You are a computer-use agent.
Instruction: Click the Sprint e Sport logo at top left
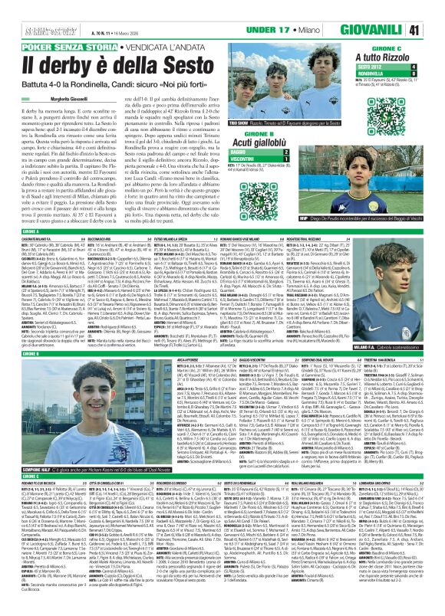coord(20,8)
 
